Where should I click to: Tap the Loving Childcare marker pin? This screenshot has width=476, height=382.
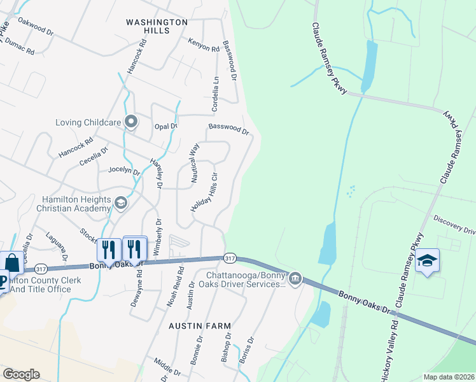pos(131,121)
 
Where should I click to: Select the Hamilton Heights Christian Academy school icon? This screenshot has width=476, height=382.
pos(120,202)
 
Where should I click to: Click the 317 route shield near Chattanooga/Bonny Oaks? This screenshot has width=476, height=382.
pos(230,258)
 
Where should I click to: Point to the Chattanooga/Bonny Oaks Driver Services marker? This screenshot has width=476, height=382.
pos(295,279)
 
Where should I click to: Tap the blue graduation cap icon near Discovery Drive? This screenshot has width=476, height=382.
pos(428,261)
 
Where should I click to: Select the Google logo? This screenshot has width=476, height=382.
pos(21,374)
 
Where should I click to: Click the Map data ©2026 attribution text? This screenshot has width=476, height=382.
pos(449,377)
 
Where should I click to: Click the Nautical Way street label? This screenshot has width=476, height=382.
pos(195,163)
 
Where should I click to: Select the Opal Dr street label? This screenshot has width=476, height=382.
pos(165,126)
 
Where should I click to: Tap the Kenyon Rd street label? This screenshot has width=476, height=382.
pos(203,45)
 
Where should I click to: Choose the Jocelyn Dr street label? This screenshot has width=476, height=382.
pos(123,170)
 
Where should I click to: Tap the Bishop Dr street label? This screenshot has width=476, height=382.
pos(226,347)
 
